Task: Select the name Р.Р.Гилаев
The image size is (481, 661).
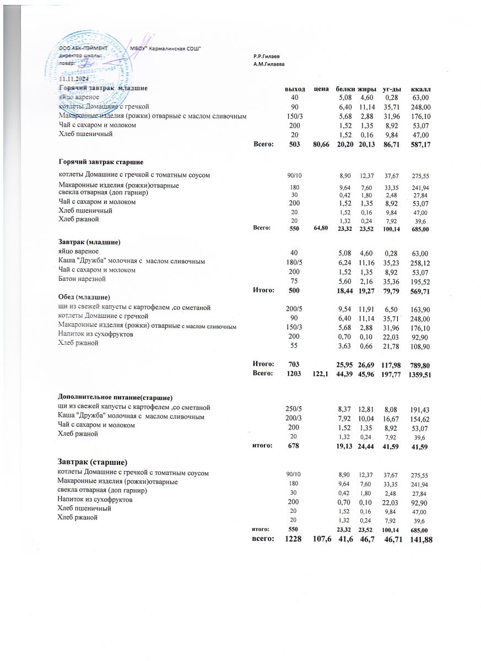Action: pos(267,57)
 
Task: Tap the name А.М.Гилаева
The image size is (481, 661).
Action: pos(269,64)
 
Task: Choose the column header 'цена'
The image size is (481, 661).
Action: pos(321,89)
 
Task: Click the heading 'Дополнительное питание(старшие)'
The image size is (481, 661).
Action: pos(116,397)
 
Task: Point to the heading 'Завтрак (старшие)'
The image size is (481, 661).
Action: pos(94,462)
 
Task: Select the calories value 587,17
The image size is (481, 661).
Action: pos(420,144)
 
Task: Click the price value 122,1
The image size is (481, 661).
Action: pos(321,374)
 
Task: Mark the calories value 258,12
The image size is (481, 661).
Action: pos(420,262)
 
